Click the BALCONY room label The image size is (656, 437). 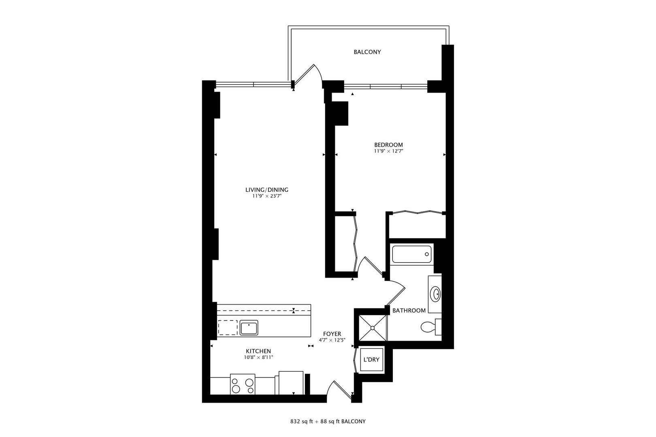[x=367, y=52]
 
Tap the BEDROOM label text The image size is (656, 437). [x=388, y=145]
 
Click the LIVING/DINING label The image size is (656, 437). [x=266, y=190]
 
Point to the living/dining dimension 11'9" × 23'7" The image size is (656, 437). [x=266, y=196]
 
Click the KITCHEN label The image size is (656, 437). [x=258, y=351]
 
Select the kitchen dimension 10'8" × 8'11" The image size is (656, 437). [x=258, y=357]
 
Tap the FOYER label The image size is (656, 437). [x=332, y=334]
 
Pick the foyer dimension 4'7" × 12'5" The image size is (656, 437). [x=332, y=340]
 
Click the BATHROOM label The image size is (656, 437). [x=409, y=311]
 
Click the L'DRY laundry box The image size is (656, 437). [x=371, y=360]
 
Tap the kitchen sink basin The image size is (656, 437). [x=249, y=327]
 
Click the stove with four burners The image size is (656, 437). [x=243, y=384]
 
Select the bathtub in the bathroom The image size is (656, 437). [x=411, y=254]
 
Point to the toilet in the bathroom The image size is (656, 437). [x=428, y=327]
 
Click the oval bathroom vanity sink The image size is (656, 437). [x=436, y=294]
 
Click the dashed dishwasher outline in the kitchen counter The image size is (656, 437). [x=228, y=327]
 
